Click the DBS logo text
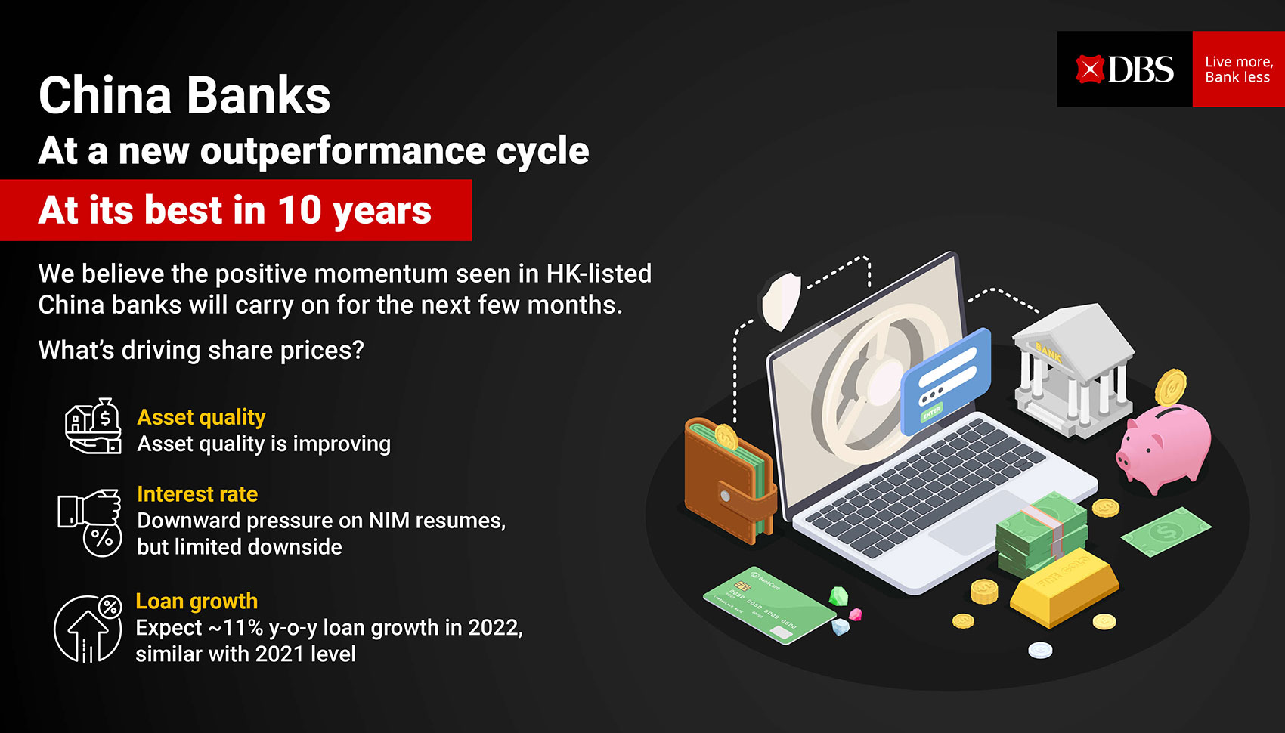point(1141,70)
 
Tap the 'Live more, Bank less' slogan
point(1239,70)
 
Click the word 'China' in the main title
point(105,95)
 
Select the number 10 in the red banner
point(299,210)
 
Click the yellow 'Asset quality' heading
point(201,418)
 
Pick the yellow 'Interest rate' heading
point(197,494)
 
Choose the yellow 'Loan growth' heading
point(197,601)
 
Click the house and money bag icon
point(93,426)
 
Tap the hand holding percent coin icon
point(90,522)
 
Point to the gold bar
point(1064,587)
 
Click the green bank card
point(769,605)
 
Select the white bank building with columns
point(1073,370)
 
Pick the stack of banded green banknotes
point(1041,534)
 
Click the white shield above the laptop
point(782,301)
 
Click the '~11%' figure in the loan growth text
point(235,628)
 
